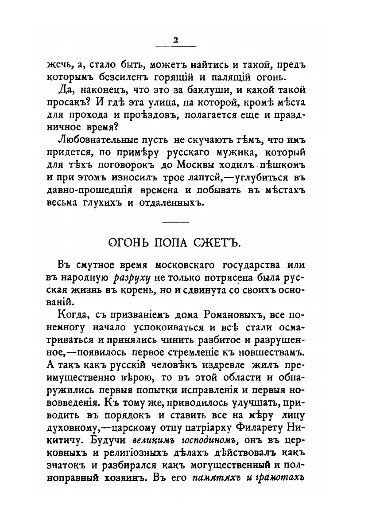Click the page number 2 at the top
[175, 40]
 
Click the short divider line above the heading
[176, 221]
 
